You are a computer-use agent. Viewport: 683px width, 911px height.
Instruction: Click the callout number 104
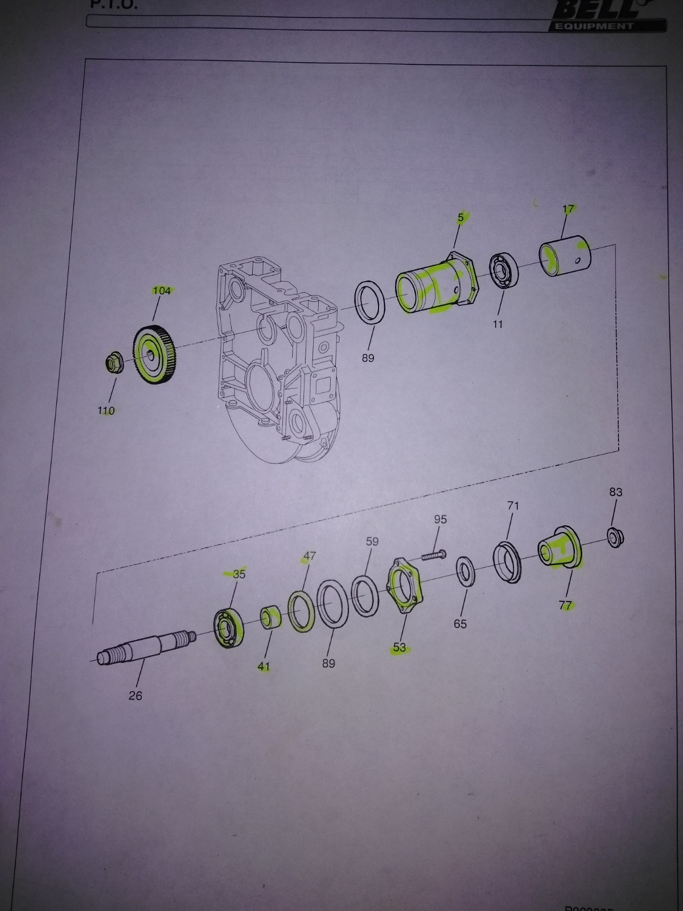[162, 291]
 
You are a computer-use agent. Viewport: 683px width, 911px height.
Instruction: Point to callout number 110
[106, 411]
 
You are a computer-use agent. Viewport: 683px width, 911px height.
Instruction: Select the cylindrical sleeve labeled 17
[565, 259]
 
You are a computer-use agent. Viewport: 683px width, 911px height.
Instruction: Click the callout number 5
[461, 217]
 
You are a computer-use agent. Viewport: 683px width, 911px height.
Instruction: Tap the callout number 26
[135, 695]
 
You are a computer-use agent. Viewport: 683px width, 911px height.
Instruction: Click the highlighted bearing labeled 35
[228, 628]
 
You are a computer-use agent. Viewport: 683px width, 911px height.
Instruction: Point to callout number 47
[309, 556]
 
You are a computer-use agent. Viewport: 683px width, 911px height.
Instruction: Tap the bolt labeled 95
[434, 554]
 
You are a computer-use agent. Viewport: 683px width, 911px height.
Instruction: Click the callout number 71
[513, 506]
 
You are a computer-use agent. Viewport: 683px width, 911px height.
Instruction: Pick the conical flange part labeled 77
[559, 548]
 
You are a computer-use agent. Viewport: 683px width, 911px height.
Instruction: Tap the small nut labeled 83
[615, 537]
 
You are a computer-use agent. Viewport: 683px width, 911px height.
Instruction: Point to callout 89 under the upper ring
[368, 358]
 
